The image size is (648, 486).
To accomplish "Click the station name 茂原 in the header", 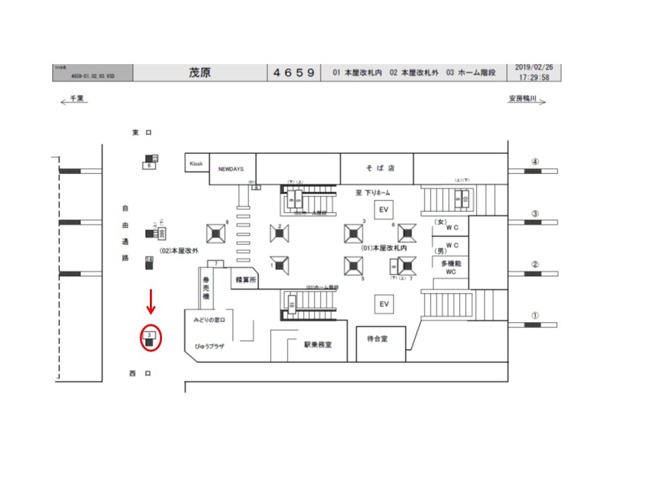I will point(200,72).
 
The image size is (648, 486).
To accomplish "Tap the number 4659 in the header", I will point(294,72).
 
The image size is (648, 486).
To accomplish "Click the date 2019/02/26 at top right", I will point(533,67).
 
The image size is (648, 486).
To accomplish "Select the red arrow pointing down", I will point(151,302).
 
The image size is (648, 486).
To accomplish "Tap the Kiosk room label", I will point(196,163).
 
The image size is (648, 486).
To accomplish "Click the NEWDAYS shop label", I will point(231,169).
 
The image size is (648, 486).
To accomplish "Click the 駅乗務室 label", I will point(317,344).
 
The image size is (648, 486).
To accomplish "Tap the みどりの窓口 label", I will point(213,319).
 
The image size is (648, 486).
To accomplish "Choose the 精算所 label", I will point(244,279).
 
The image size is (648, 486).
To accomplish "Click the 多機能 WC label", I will point(451,267).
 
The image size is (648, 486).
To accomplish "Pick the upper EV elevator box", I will point(384,209).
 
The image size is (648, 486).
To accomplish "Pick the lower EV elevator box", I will point(384,304).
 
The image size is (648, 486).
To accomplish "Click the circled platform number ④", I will point(535,162).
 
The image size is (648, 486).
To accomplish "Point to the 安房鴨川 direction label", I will point(523,99).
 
